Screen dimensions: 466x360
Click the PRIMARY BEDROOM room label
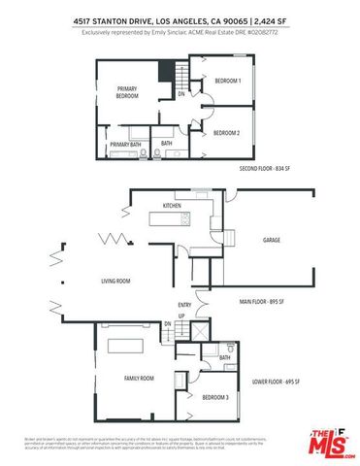pos(127,93)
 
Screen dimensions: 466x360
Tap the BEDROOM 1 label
pos(226,82)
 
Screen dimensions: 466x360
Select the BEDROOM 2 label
pos(226,132)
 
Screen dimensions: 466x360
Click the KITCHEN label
pos(173,206)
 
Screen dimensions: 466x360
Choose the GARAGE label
pos(272,239)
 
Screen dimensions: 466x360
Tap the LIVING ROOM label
pos(115,282)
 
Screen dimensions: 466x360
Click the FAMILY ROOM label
pos(140,377)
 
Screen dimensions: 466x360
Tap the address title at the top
pos(180,18)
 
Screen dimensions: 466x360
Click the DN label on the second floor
pos(180,95)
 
